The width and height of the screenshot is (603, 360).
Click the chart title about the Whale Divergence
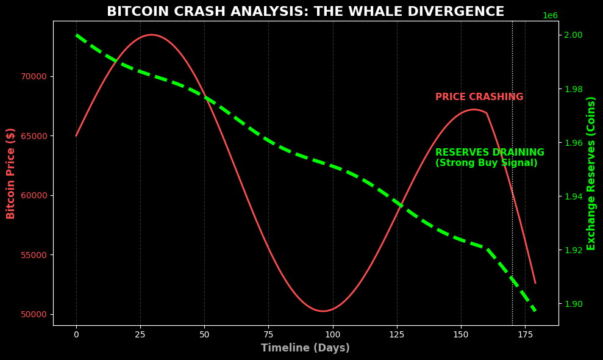[x=305, y=12]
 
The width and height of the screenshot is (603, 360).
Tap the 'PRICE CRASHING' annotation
[x=479, y=97]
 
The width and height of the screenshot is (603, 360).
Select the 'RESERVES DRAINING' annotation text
[x=490, y=153]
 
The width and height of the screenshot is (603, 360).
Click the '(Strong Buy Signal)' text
[x=486, y=163]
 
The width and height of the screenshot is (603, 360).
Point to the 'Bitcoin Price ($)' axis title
[x=11, y=173]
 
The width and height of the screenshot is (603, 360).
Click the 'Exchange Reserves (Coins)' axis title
[x=591, y=173]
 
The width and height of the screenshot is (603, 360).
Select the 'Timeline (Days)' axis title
[x=305, y=348]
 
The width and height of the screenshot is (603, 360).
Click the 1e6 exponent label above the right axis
[x=550, y=15]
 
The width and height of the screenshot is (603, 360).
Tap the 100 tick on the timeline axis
[x=332, y=334]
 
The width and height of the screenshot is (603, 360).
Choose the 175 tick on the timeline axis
[x=525, y=334]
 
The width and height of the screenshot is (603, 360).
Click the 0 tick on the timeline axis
[x=76, y=334]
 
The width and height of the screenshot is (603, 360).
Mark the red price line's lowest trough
[x=323, y=311]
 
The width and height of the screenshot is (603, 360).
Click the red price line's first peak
[x=151, y=35]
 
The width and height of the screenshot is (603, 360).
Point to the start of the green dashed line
[x=77, y=35]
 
